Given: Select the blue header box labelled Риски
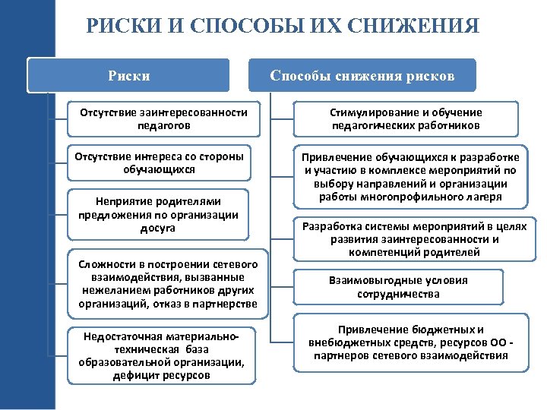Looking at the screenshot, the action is [129, 76].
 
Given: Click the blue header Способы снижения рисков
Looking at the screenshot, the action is [363, 76].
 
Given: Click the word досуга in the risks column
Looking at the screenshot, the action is [159, 228].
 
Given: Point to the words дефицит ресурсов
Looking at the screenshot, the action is [161, 376].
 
